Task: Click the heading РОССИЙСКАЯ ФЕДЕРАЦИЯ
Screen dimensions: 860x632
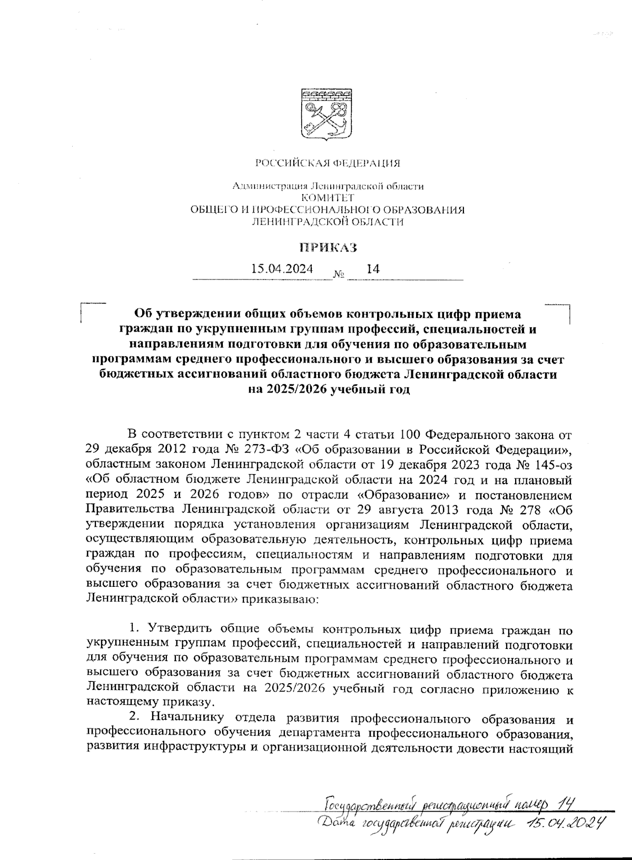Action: click(328, 163)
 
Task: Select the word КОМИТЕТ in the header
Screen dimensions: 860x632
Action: click(327, 198)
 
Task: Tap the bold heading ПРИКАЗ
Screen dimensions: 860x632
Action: click(328, 247)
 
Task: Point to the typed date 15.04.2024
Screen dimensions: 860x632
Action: click(282, 269)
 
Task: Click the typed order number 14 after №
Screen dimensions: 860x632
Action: click(373, 269)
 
